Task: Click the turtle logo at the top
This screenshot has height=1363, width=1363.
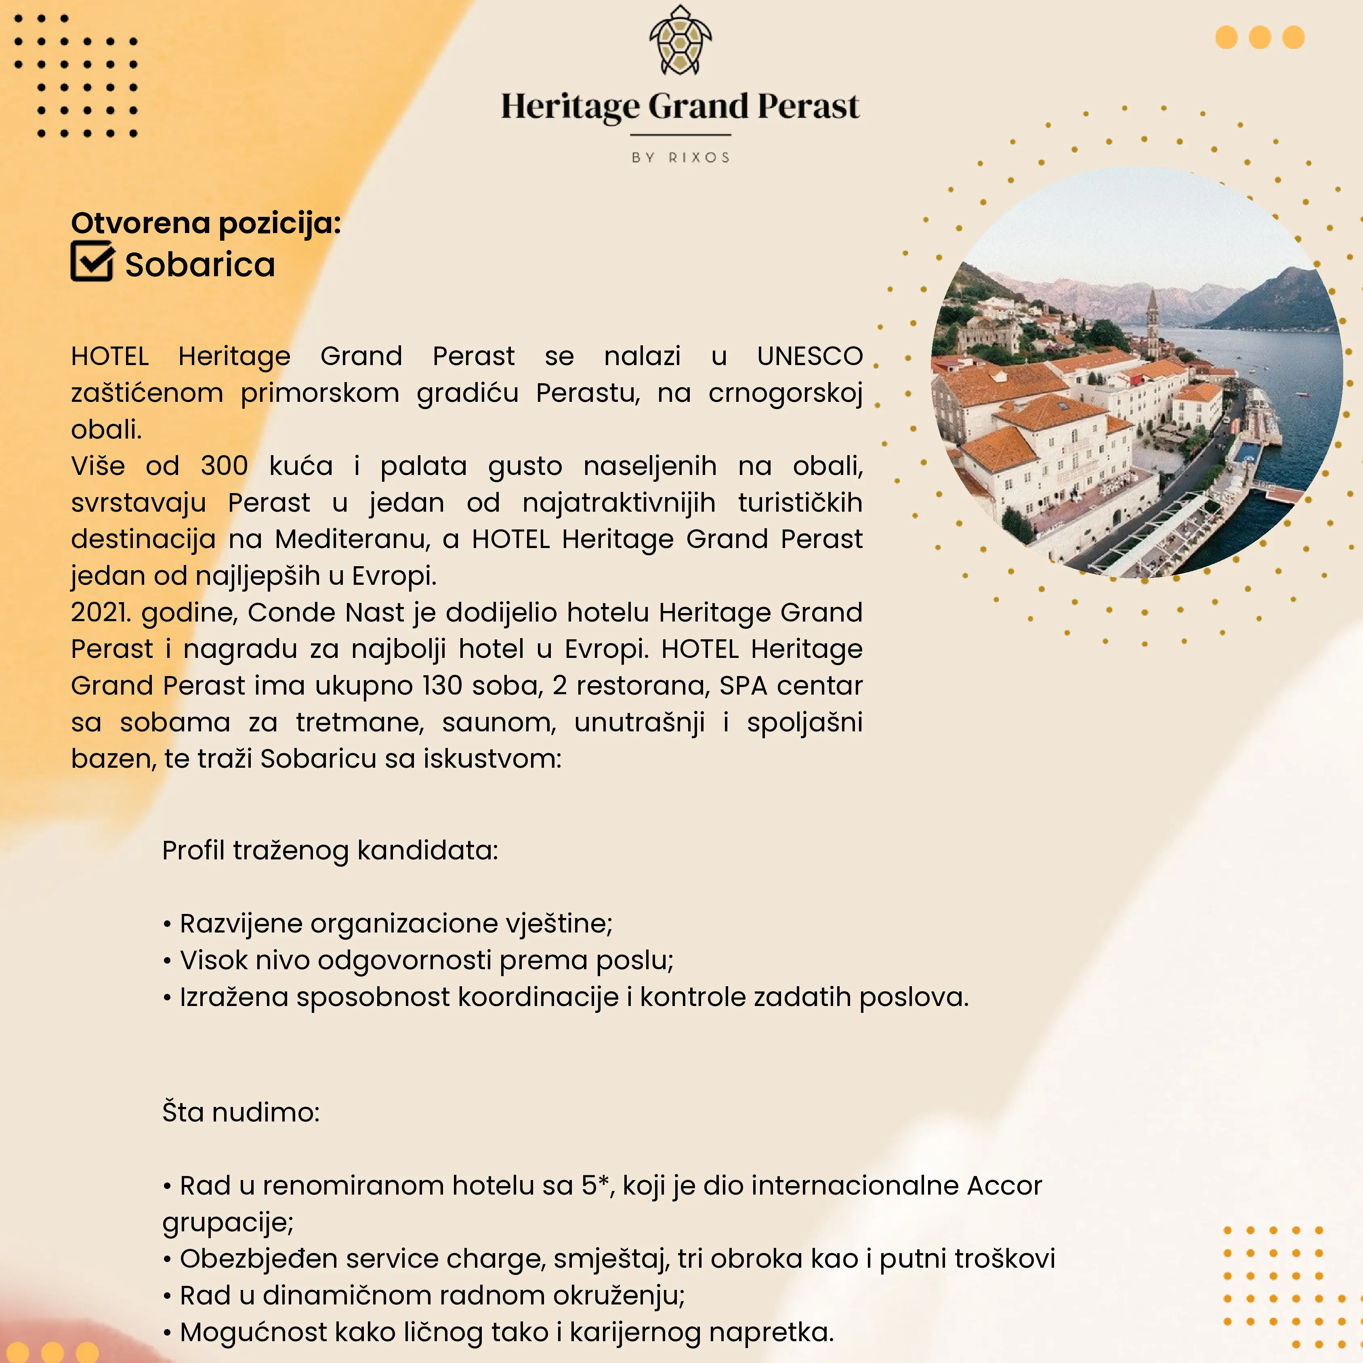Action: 680,41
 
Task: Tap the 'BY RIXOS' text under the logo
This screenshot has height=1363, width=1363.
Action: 680,158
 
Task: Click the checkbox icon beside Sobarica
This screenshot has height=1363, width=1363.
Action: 92,261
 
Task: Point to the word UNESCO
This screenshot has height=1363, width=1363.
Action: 809,356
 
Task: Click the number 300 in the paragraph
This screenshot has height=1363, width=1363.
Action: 225,466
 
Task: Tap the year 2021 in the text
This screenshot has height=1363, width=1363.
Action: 100,612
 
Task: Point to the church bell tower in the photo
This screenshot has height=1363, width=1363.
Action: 1152,321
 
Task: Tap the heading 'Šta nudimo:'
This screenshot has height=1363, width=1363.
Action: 241,1113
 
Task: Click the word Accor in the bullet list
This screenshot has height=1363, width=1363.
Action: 1004,1186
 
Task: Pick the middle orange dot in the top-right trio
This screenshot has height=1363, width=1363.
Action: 1260,38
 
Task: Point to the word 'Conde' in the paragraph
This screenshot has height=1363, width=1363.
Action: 291,612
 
